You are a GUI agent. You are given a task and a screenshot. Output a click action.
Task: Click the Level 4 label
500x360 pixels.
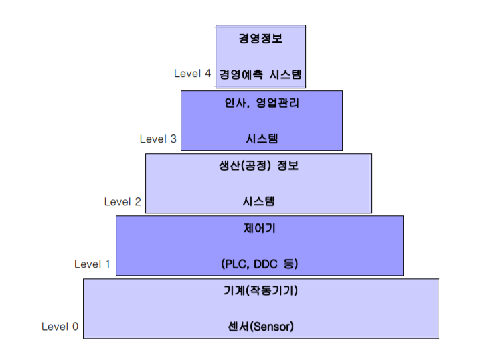[192, 74]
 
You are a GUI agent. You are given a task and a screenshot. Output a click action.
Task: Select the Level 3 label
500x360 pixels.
[158, 139]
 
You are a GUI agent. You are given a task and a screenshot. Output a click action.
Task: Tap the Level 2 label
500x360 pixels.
[122, 201]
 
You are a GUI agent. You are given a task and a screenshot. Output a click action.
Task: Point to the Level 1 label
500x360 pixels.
[92, 264]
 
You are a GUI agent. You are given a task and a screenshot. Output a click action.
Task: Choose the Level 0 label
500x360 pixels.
[60, 327]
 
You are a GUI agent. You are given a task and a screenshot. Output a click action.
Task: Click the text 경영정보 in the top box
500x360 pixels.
[260, 39]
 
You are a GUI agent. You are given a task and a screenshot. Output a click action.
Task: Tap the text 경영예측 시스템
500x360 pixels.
[260, 74]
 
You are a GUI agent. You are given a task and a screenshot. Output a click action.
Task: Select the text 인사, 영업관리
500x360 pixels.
[260, 104]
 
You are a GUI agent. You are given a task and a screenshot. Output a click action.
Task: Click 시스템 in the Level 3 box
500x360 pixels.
[260, 139]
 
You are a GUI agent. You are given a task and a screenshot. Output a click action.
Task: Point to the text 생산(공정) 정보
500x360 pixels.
[258, 166]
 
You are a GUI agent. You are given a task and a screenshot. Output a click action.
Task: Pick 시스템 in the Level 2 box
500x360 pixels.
[258, 201]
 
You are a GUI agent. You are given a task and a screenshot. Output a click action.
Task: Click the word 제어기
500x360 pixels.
[260, 229]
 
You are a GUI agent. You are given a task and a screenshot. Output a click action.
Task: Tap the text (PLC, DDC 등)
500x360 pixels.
[260, 264]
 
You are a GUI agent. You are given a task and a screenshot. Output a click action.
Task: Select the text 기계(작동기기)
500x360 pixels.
[260, 291]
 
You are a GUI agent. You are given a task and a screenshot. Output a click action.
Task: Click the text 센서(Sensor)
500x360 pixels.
[260, 327]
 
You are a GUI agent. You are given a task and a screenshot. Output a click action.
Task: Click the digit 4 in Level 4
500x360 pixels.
[207, 74]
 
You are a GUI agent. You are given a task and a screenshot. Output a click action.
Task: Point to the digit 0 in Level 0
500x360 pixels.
[74, 327]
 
